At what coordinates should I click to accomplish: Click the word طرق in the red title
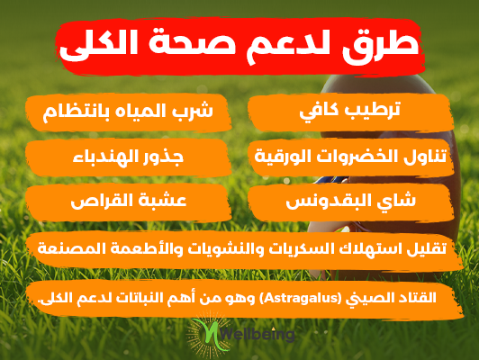click(381, 46)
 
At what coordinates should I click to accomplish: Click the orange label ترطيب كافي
click(350, 111)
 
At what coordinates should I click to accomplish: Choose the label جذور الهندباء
click(128, 157)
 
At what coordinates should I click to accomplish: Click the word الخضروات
click(358, 156)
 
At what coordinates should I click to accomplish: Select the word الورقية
click(284, 157)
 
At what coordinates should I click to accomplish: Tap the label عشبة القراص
click(128, 202)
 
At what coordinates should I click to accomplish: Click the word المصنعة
click(64, 248)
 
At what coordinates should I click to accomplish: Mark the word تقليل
click(429, 249)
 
